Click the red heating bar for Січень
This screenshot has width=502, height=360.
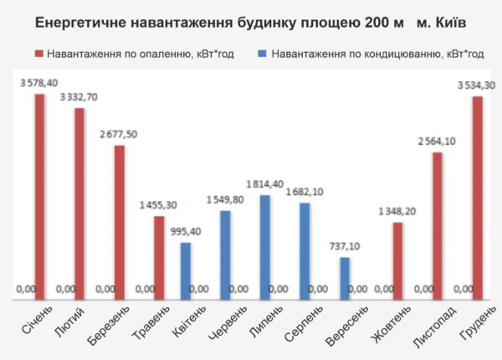coord(39,194)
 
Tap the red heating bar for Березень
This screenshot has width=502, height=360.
coord(119,220)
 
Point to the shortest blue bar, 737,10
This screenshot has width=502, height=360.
coord(345,275)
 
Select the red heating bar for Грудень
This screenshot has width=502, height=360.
coord(477,196)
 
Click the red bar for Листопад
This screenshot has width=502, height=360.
coord(437,224)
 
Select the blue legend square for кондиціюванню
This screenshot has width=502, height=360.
coord(263,54)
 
